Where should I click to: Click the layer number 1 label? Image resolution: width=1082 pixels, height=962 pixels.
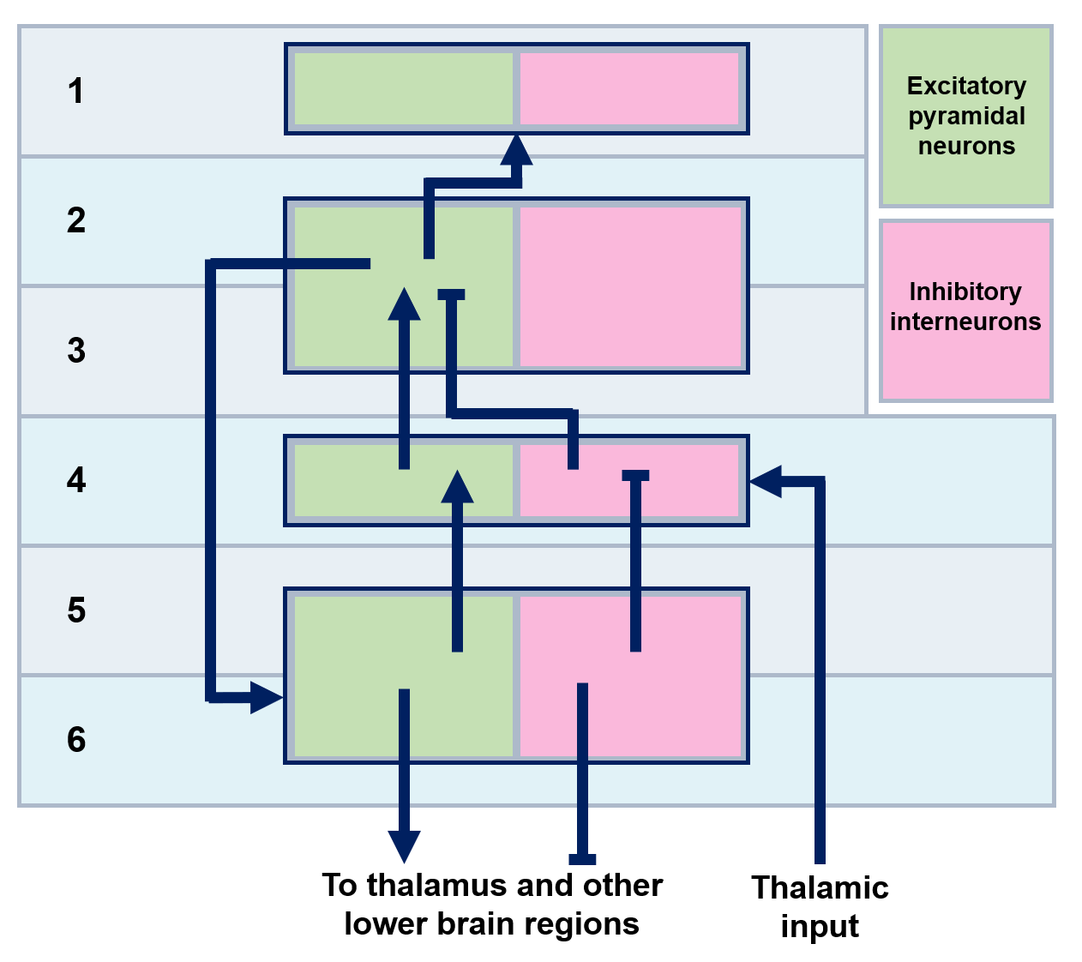point(75,91)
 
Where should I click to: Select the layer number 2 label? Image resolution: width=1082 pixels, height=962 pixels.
point(75,220)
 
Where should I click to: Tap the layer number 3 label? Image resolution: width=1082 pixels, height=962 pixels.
point(75,351)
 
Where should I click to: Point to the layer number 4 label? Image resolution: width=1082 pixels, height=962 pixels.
point(75,480)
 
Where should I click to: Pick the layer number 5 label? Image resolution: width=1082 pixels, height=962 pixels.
point(75,610)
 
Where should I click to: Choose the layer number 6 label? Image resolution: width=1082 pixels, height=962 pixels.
point(75,740)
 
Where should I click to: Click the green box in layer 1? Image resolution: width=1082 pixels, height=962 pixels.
point(403,88)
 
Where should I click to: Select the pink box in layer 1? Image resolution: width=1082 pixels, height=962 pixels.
point(629,88)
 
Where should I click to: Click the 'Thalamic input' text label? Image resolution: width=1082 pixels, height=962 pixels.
point(820,906)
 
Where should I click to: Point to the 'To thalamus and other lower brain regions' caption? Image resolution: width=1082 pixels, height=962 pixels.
point(492,905)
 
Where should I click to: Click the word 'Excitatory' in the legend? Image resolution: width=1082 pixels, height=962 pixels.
point(966,86)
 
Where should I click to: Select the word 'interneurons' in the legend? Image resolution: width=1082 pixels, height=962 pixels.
point(965,322)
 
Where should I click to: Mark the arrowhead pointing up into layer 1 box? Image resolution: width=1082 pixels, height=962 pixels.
point(517,149)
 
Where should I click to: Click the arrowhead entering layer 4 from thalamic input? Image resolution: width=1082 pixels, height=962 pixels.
point(765,481)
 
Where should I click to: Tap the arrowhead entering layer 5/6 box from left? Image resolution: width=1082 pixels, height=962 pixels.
point(266,697)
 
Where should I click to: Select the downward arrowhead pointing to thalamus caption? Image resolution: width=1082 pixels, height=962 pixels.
point(404,846)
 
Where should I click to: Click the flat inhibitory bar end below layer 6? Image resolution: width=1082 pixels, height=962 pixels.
point(582,859)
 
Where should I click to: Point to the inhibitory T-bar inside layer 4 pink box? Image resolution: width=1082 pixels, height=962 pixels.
point(635,475)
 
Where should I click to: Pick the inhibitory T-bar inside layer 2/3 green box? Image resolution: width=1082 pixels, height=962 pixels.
point(451,295)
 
